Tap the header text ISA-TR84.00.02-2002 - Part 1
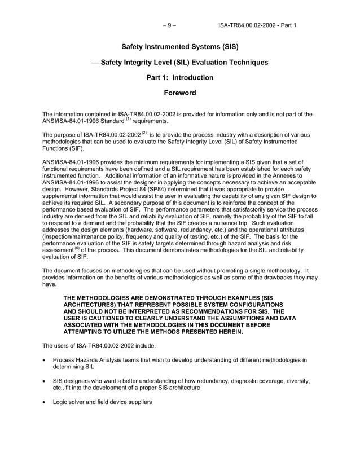[x=257, y=25]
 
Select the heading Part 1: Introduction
[x=180, y=77]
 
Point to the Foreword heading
[x=180, y=93]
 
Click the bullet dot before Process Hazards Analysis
[x=45, y=359]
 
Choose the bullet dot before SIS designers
[x=45, y=381]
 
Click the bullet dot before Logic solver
[x=45, y=402]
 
